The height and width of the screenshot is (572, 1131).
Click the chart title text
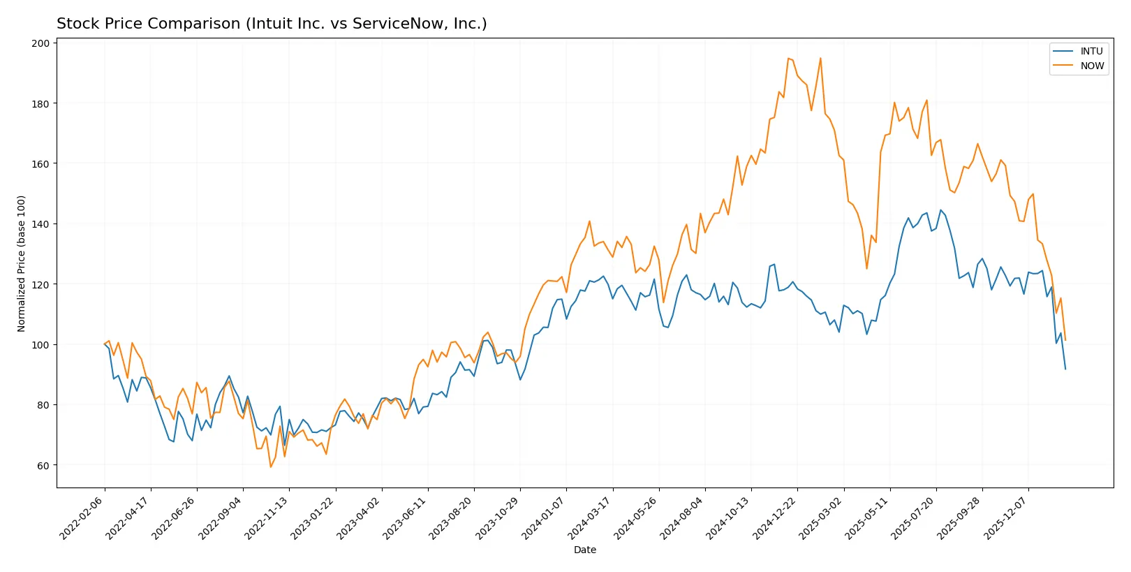pyautogui.click(x=272, y=24)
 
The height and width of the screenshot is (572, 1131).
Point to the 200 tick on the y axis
pyautogui.click(x=40, y=43)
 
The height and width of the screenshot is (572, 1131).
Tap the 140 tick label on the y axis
pyautogui.click(x=40, y=224)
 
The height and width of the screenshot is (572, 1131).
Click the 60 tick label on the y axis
pyautogui.click(x=43, y=466)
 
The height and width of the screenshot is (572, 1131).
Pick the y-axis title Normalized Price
pyautogui.click(x=22, y=263)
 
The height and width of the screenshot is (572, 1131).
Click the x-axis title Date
pyautogui.click(x=584, y=550)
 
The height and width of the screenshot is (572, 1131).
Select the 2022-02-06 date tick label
pyautogui.click(x=82, y=518)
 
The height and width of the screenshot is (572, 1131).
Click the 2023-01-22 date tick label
pyautogui.click(x=313, y=518)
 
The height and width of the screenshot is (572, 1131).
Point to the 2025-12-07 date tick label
pyautogui.click(x=1006, y=518)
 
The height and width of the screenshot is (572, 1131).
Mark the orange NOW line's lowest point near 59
pyautogui.click(x=271, y=467)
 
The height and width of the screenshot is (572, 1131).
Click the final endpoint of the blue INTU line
pyautogui.click(x=1065, y=369)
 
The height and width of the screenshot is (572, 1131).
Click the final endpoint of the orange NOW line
pyautogui.click(x=1065, y=340)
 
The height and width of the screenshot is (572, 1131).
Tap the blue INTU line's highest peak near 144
pyautogui.click(x=940, y=210)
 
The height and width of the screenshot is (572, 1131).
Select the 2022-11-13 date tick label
pyautogui.click(x=267, y=518)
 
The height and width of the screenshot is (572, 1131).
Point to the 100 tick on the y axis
pyautogui.click(x=40, y=345)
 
